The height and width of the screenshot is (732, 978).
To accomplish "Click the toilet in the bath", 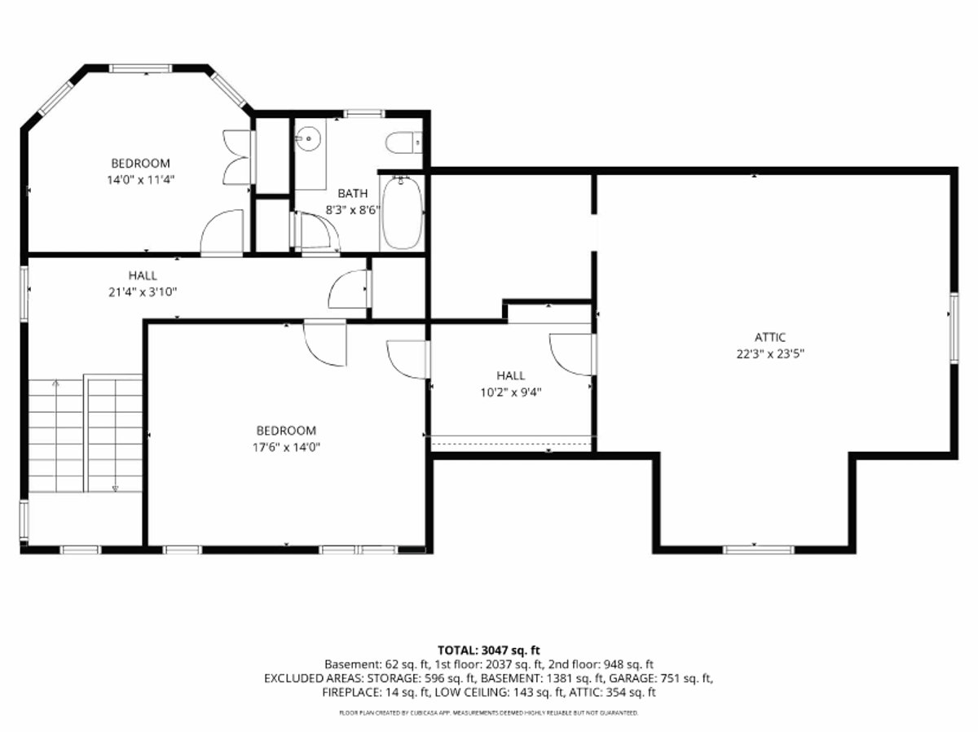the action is pos(403,142).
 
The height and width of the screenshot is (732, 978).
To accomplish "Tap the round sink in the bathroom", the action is pos(308,138).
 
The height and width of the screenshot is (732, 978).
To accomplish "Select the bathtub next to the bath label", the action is pos(402,213).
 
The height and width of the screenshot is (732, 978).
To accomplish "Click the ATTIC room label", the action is pos(770,337).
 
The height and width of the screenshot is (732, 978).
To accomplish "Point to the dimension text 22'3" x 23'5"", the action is pos(770,353).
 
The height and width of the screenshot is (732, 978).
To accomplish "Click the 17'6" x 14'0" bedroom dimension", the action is pos(286,447).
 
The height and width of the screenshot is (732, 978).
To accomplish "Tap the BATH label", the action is pos(352,193).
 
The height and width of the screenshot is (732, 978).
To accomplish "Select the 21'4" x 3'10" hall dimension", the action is pos(143,292).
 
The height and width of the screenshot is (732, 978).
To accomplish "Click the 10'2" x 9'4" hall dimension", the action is pos(511,392).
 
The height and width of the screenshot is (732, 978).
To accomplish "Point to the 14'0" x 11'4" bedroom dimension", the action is pos(140,180).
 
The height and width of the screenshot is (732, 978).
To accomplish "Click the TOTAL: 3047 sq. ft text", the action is pos(489,651).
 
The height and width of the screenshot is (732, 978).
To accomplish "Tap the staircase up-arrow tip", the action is pos(55,381).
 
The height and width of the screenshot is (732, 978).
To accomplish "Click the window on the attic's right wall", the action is pos(954,328).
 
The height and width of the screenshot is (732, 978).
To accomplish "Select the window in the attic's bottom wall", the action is pos(758,550).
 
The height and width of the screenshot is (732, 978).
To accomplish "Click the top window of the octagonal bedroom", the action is pos(141,68).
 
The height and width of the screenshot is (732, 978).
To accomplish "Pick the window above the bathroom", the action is pos(363,113).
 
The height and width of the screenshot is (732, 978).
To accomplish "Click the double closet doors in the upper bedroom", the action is pos(238,157).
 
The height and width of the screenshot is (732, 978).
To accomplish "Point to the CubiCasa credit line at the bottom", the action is pos(489,712).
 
